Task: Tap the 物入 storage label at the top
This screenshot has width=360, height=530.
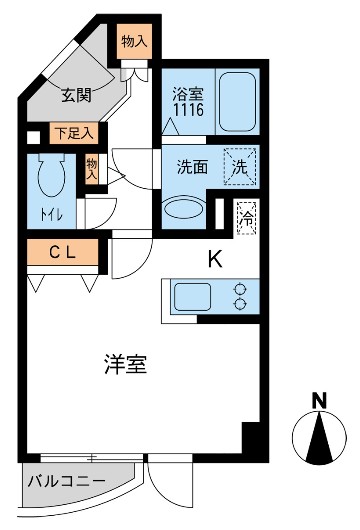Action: pyautogui.click(x=134, y=42)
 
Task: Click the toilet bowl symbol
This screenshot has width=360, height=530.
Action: pyautogui.click(x=48, y=179)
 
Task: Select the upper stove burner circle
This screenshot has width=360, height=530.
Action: pyautogui.click(x=240, y=289)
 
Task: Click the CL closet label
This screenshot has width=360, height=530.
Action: pyautogui.click(x=62, y=253)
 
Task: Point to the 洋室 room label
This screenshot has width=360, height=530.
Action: pyautogui.click(x=128, y=365)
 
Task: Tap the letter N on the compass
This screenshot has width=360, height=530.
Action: pyautogui.click(x=319, y=401)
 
